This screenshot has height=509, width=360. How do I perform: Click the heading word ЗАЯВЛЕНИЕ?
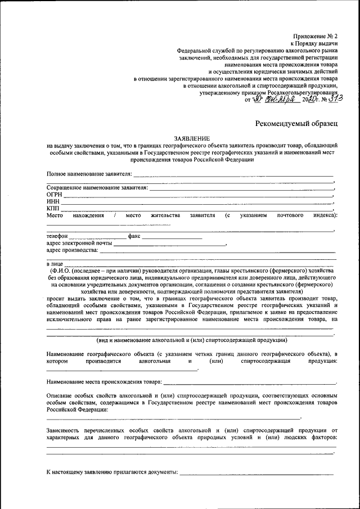click(x=192, y=138)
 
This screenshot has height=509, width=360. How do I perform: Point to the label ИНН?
click(x=52, y=201)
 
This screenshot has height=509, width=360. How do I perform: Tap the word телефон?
click(x=57, y=236)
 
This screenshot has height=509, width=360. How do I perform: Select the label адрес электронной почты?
click(x=79, y=243)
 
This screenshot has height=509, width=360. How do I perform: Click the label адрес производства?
click(x=73, y=250)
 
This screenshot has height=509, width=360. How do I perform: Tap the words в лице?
click(x=55, y=263)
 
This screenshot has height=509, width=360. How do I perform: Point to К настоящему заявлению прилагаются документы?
click(x=112, y=471)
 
